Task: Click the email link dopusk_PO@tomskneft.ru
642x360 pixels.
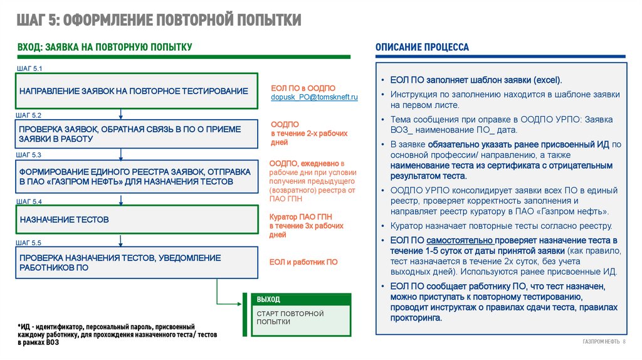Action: pyautogui.click(x=314, y=98)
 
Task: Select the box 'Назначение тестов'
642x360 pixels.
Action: pyautogui.click(x=137, y=220)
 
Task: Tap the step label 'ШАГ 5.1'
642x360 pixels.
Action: pyautogui.click(x=28, y=68)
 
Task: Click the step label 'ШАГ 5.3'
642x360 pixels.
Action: pyautogui.click(x=28, y=154)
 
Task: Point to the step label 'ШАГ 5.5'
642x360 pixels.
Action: pyautogui.click(x=28, y=242)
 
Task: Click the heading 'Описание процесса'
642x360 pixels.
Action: pyautogui.click(x=422, y=48)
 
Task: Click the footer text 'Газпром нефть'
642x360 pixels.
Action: pyautogui.click(x=600, y=341)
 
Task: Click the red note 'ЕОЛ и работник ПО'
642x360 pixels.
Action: pyautogui.click(x=303, y=262)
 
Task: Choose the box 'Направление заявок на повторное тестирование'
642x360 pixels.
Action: pyautogui.click(x=137, y=92)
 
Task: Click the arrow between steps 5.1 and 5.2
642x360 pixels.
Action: pyautogui.click(x=121, y=114)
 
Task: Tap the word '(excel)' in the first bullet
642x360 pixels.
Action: pyautogui.click(x=547, y=80)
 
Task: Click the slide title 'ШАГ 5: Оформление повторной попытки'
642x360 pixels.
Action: pyautogui.click(x=160, y=20)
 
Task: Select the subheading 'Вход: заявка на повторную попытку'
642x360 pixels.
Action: pyautogui.click(x=105, y=47)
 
